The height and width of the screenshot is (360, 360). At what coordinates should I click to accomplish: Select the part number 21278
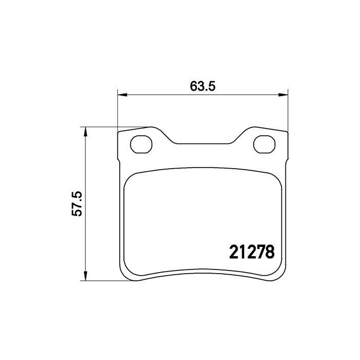pyautogui.click(x=250, y=252)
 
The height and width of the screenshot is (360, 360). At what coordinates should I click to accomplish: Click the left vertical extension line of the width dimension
pyautogui.click(x=118, y=111)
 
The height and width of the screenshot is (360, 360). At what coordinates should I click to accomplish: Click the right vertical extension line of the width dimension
pyautogui.click(x=287, y=111)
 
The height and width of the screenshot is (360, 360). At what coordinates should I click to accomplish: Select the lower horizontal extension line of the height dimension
pyautogui.click(x=100, y=281)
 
